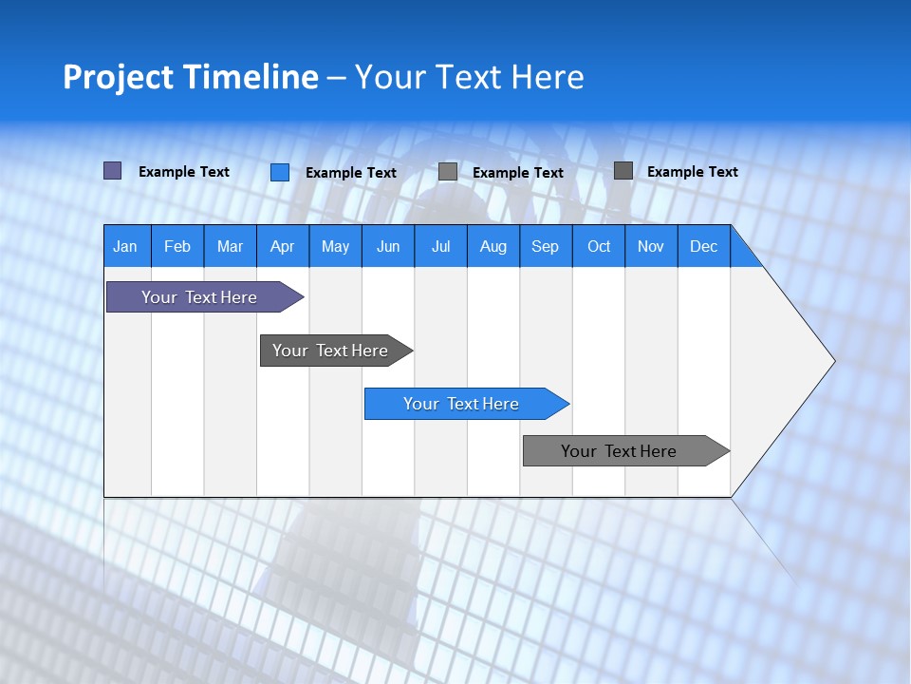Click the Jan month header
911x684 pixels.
[x=125, y=246]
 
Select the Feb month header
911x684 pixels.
[x=177, y=246]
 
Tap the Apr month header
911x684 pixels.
[x=282, y=246]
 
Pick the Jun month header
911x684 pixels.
[x=388, y=246]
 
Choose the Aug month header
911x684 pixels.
[x=493, y=246]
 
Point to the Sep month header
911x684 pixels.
[x=545, y=246]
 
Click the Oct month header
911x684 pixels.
[x=599, y=246]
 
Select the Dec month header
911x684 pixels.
[x=703, y=246]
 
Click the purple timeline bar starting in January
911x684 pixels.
[x=199, y=297]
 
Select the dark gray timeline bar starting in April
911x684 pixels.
[x=330, y=351]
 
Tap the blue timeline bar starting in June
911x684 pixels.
[x=461, y=404]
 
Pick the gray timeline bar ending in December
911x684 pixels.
[x=619, y=451]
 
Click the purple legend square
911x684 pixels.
[x=112, y=171]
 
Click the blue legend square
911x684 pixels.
[x=279, y=172]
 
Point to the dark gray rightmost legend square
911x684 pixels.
[x=623, y=171]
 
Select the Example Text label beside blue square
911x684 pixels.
[x=351, y=173]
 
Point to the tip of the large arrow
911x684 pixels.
[x=832, y=361]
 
